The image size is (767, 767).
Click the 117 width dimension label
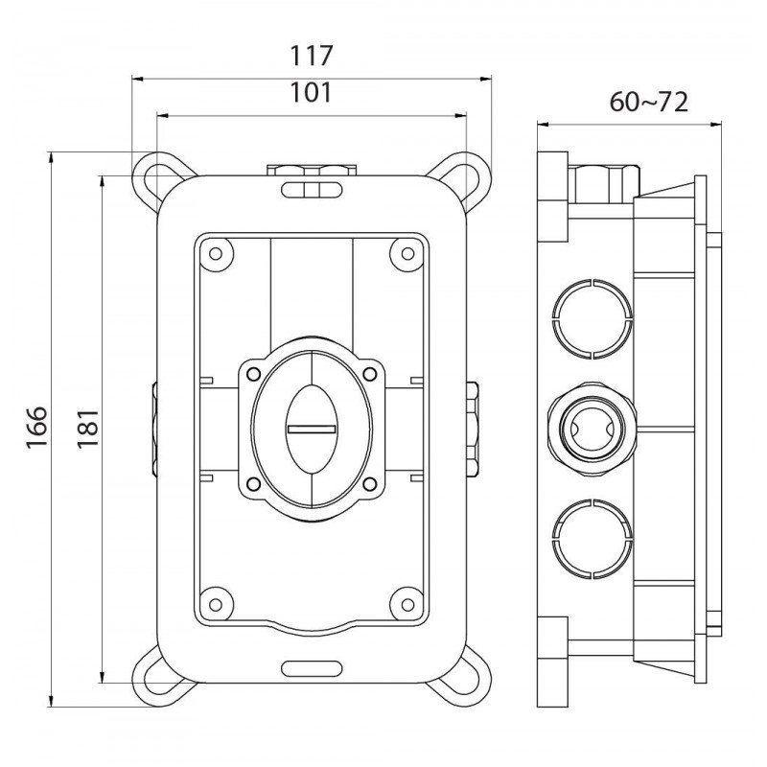click(312, 57)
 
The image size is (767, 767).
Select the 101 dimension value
click(312, 93)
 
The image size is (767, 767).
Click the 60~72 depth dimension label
click(649, 103)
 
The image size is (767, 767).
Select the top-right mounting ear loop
click(472, 175)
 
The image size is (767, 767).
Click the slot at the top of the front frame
click(312, 190)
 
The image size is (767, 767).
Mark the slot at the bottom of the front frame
click(312, 665)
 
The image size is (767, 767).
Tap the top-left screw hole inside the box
click(216, 253)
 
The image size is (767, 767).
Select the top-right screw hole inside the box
click(407, 253)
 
